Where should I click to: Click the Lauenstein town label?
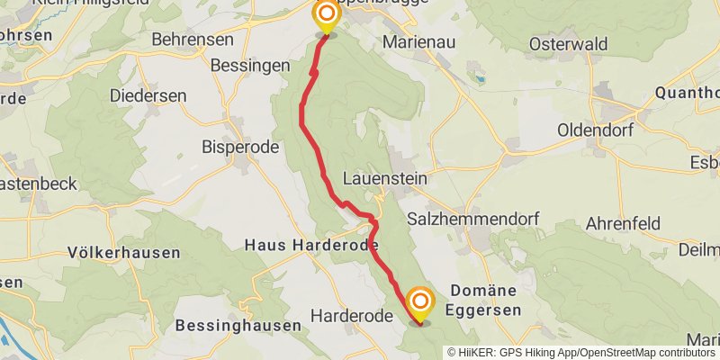tap(384, 178)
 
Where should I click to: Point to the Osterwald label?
tap(569, 44)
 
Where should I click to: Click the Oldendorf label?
tap(595, 130)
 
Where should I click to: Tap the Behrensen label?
tap(193, 40)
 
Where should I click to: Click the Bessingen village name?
tap(249, 66)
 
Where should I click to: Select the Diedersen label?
tap(148, 95)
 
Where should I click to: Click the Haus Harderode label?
tap(310, 245)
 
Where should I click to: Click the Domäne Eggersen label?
tap(485, 300)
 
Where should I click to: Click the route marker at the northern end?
tap(326, 15)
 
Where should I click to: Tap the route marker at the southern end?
tap(418, 303)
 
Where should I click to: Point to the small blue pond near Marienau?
tap(480, 79)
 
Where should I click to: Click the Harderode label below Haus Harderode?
tap(351, 316)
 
